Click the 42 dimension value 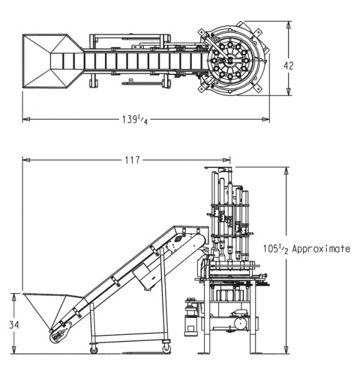coord(289,66)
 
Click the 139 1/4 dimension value coord(135,120)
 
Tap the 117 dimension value coord(132,160)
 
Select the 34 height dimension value coord(14,325)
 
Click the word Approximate coord(321,249)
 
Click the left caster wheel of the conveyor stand coord(94,350)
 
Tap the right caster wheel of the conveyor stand coord(166,349)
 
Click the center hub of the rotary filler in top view coord(230,61)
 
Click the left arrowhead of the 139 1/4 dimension coord(26,119)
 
